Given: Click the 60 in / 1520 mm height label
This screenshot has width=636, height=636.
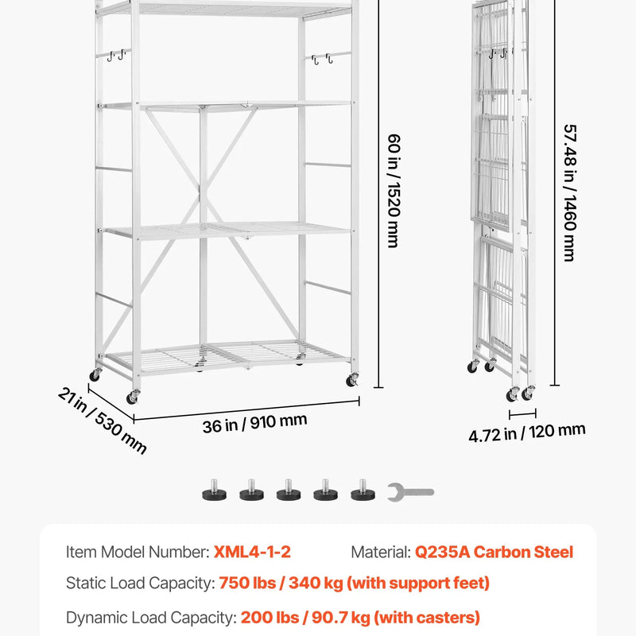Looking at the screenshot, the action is (394, 191).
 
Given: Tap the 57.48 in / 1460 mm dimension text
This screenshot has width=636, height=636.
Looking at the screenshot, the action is (570, 192).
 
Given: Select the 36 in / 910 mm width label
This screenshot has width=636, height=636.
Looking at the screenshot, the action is (254, 424).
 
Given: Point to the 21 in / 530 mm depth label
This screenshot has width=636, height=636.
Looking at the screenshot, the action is (103, 421).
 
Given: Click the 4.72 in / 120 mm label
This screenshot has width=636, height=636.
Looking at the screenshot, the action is (527, 432).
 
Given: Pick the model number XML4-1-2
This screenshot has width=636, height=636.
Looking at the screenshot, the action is (252, 552).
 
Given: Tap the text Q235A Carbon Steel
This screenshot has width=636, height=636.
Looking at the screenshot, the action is (494, 552).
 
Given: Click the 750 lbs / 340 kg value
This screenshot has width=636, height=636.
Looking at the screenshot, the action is (281, 584).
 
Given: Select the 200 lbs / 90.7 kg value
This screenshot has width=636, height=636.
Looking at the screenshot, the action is (305, 618).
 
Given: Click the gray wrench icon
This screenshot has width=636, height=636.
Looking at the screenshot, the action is (410, 492).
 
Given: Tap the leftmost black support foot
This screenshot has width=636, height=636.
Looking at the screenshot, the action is (214, 491).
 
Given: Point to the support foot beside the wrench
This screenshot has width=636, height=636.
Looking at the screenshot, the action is (363, 491).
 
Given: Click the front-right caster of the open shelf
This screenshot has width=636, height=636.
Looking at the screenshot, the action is (351, 380).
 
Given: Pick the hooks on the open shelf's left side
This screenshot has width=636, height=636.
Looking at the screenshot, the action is (116, 55).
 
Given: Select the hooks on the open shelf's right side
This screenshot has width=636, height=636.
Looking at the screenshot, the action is (322, 59).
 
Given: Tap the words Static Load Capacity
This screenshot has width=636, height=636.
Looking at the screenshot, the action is (141, 584).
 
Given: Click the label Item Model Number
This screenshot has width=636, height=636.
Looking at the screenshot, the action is (138, 552).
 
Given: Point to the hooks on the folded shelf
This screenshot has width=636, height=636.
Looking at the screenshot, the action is (498, 53).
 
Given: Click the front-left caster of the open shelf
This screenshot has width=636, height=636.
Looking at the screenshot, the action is (133, 397).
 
